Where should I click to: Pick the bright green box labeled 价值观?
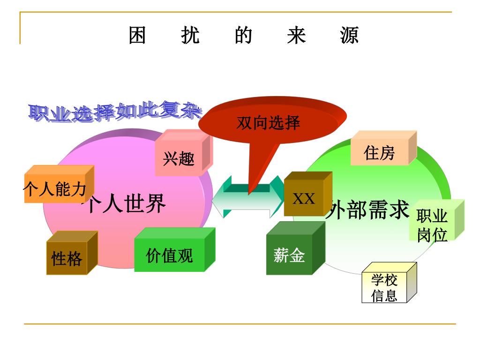coord(170,256)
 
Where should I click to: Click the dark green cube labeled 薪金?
coord(290,255)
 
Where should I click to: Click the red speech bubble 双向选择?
coord(269,123)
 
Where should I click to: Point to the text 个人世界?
coord(124,204)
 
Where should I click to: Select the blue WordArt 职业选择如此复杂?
coord(115,111)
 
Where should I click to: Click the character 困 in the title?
coord(137,36)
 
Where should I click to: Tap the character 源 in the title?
coord(350,36)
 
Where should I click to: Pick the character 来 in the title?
coord(297,36)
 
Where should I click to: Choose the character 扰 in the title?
coord(190,36)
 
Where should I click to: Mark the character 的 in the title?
coord(244,36)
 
